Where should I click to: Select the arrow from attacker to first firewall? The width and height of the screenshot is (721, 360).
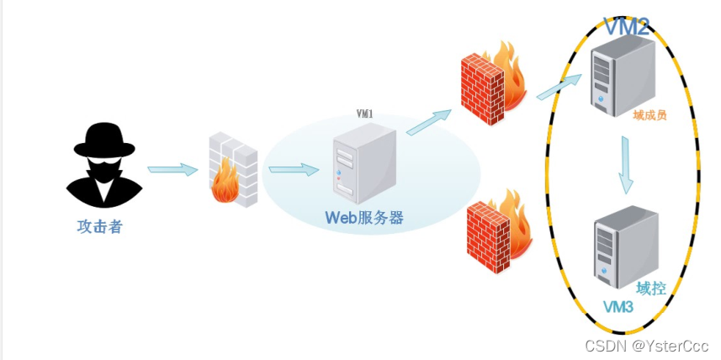pos(172,170)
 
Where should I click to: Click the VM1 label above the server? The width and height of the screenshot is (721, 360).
pos(365,113)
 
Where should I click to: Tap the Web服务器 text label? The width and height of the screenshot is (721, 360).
pos(364,218)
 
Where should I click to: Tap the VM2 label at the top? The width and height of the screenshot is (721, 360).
pos(626,27)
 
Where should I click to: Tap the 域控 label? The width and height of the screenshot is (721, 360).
pos(651,288)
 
